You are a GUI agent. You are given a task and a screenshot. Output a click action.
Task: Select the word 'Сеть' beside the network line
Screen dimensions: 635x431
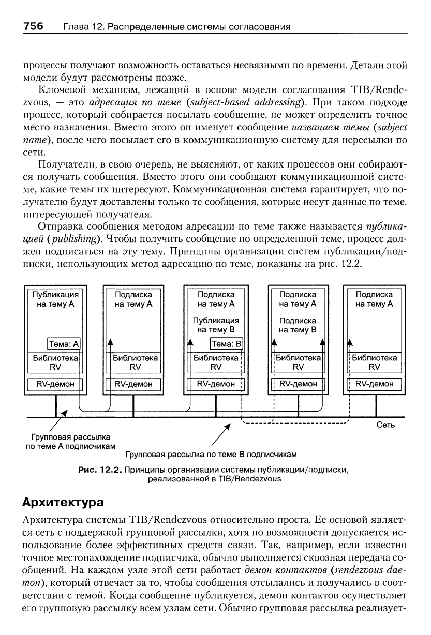[x=385, y=425]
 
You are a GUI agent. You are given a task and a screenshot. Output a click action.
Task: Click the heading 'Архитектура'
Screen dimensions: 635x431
[x=64, y=502]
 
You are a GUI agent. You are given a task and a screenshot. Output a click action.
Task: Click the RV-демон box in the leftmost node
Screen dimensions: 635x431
[x=55, y=384]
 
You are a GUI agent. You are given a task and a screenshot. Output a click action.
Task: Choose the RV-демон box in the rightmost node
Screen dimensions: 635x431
[x=374, y=384]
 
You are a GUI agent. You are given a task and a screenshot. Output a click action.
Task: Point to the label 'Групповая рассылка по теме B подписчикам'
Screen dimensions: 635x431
[x=211, y=455]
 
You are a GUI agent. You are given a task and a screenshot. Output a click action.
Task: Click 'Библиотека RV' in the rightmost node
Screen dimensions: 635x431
[x=374, y=362]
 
